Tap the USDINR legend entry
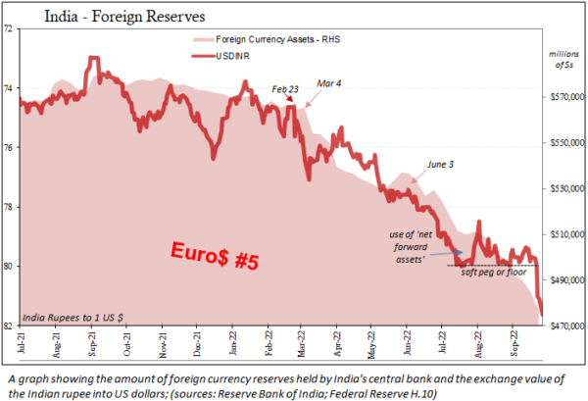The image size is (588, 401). pyautogui.click(x=260, y=58)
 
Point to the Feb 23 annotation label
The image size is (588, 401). pyautogui.click(x=287, y=90)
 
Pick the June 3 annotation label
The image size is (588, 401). pyautogui.click(x=442, y=165)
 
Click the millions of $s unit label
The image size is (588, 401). pyautogui.click(x=563, y=61)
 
